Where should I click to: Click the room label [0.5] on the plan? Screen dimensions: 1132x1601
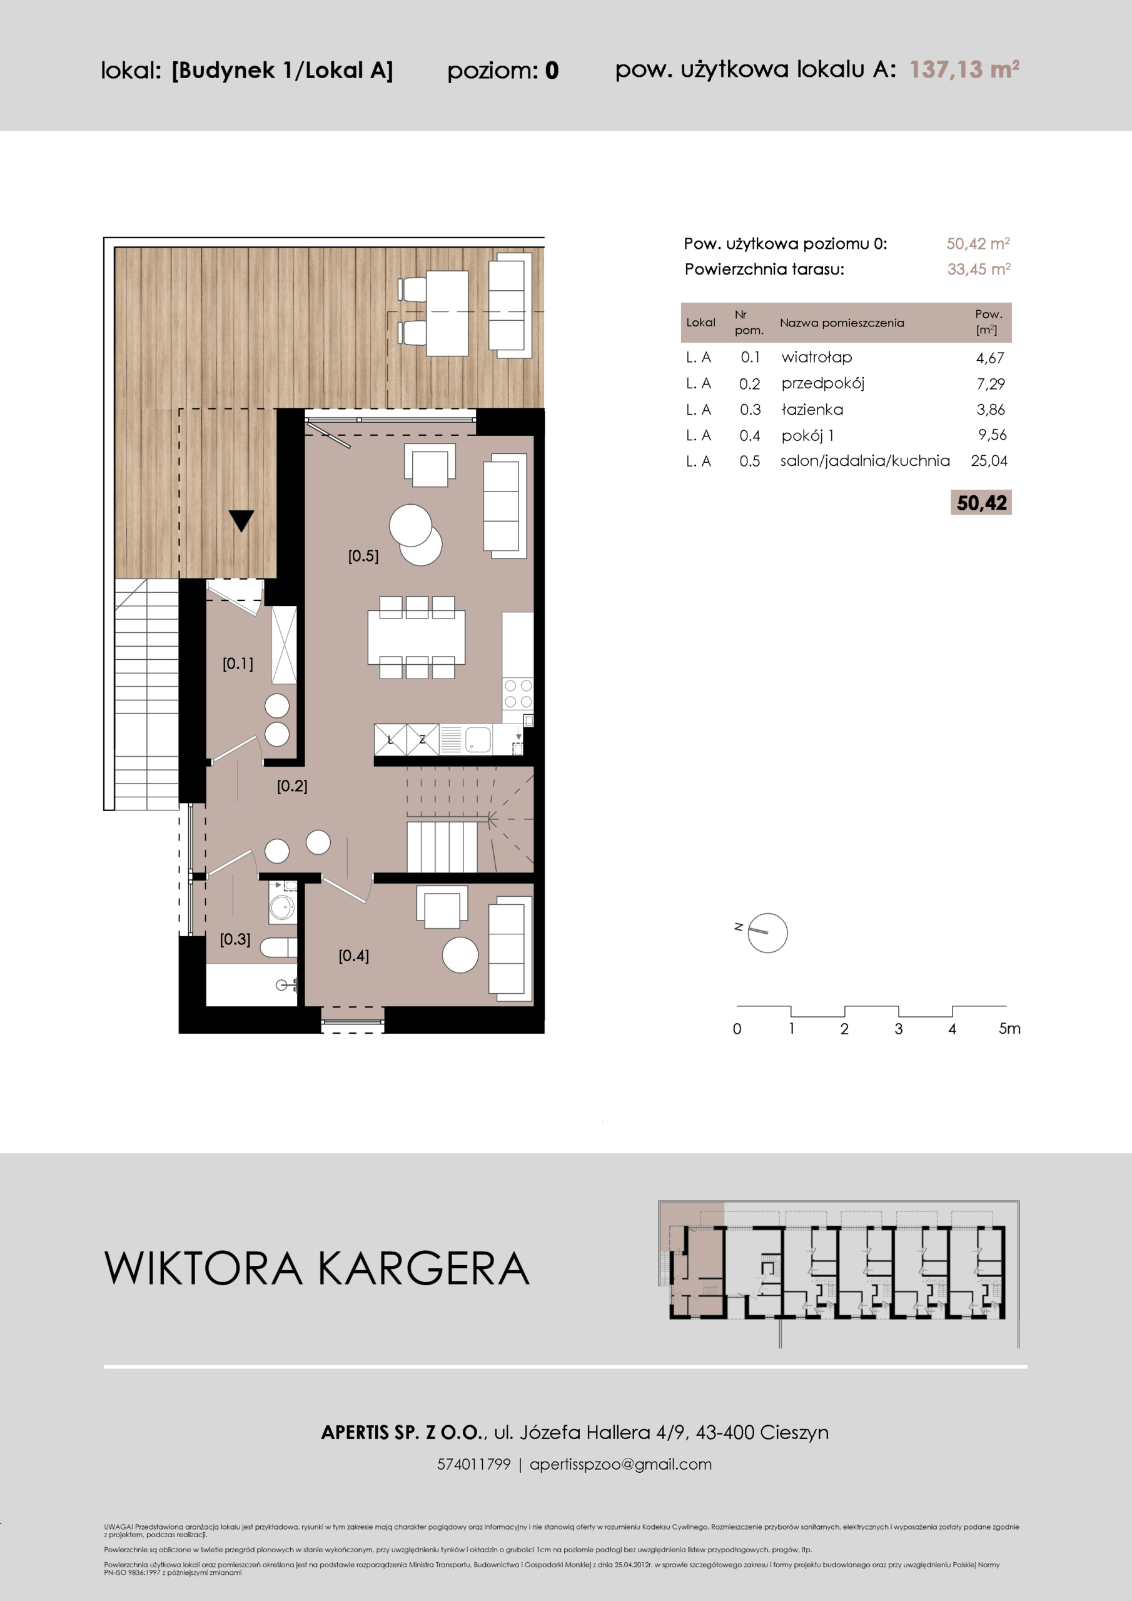coord(363,556)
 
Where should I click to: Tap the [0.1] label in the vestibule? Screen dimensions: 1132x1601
coord(238,663)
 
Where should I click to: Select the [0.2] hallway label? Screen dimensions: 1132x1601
coord(291,786)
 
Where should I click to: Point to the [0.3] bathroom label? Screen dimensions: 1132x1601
coord(235,939)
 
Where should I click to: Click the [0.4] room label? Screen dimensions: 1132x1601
coord(353,956)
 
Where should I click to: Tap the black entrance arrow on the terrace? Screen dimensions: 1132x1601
coord(241,520)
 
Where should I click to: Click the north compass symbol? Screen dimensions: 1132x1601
coord(767,933)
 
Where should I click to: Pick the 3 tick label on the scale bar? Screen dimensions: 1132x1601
coord(898,1029)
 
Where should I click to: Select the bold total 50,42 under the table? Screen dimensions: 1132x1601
coord(981,503)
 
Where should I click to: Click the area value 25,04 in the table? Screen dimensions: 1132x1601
coord(989,460)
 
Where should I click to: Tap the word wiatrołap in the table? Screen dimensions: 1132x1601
coord(817,357)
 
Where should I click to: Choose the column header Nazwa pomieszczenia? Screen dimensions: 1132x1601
coord(842,323)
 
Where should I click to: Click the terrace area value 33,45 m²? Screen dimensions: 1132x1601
coord(979,269)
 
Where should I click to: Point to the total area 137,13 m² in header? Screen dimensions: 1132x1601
coord(964,69)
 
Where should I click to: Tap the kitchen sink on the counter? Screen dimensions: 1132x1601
coord(478,739)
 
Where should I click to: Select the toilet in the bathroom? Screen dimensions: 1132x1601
coord(279,947)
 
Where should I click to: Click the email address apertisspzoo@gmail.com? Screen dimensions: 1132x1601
coord(621,1464)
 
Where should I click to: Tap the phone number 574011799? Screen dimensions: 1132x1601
coord(473,1464)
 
